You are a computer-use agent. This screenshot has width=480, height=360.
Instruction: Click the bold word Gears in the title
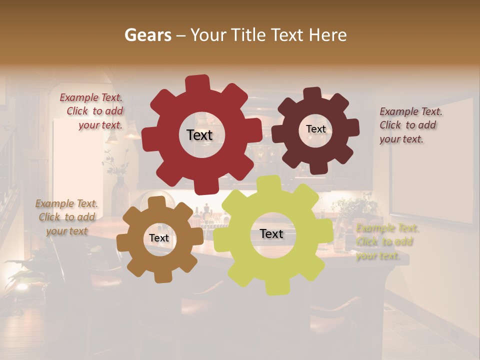point(147,35)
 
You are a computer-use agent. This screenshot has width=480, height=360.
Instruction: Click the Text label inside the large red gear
point(199,135)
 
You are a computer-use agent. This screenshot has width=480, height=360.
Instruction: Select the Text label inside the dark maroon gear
point(315,129)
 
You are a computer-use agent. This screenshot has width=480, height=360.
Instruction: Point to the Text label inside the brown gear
point(158,238)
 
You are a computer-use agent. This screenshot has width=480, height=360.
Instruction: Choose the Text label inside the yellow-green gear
point(271,234)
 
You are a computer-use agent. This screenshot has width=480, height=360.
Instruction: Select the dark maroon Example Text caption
point(410,125)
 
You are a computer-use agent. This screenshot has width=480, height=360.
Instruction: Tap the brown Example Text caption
point(66,217)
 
